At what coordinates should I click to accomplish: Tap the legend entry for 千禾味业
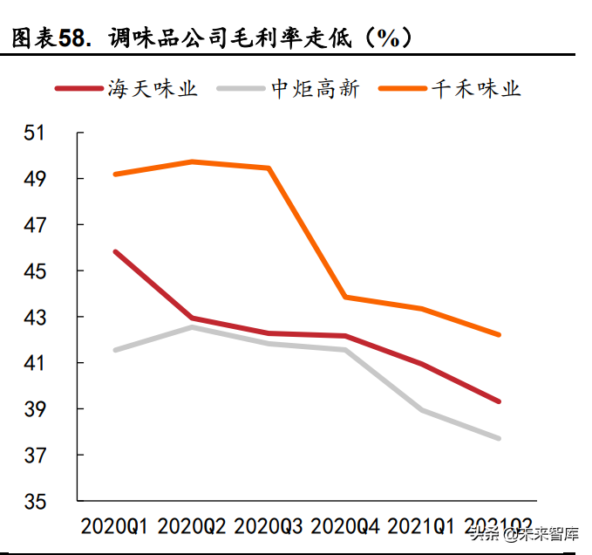pos(476,88)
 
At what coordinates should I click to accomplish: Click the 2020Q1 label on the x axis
pos(114,527)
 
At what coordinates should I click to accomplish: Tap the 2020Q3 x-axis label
pos(269,527)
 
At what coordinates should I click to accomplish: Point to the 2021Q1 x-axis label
pos(422,527)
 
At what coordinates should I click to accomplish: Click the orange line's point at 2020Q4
pos(346,298)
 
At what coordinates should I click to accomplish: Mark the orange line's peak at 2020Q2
pos(192,161)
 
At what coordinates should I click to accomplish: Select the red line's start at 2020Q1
pos(115,251)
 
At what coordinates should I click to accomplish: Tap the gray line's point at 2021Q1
pos(423,410)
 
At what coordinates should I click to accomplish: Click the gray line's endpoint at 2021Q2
pos(499,438)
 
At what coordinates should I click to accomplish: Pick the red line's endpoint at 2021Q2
pos(499,401)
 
